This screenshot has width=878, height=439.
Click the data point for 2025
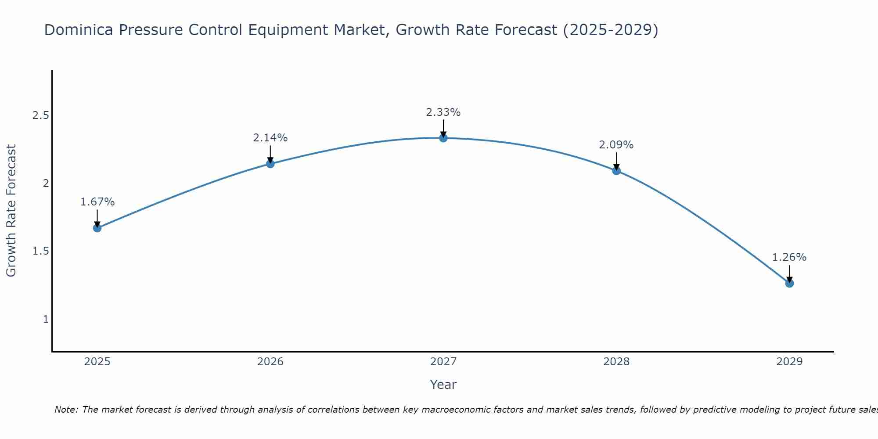click(x=97, y=228)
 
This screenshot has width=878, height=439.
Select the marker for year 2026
click(x=270, y=164)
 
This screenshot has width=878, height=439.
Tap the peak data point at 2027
click(x=443, y=138)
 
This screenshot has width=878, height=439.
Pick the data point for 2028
click(x=616, y=171)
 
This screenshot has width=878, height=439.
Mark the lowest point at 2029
click(x=789, y=283)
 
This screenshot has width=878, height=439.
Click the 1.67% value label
click(x=97, y=202)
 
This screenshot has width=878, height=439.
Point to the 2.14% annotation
click(x=270, y=138)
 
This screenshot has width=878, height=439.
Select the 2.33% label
click(x=443, y=112)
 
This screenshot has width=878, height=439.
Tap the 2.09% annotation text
click(x=616, y=145)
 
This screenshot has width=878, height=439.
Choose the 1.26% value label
click(x=789, y=257)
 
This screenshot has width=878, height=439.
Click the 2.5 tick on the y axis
click(x=40, y=115)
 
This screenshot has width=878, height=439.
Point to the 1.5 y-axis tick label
click(x=40, y=251)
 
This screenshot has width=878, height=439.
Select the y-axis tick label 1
click(x=46, y=319)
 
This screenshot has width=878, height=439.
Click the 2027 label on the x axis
click(x=443, y=362)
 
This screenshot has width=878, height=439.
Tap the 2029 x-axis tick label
click(x=789, y=362)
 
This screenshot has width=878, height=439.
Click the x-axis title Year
click(x=443, y=385)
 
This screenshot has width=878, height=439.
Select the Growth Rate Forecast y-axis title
click(x=11, y=211)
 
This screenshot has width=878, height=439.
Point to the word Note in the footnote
click(x=66, y=410)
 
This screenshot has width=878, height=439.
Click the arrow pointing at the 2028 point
click(x=616, y=161)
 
